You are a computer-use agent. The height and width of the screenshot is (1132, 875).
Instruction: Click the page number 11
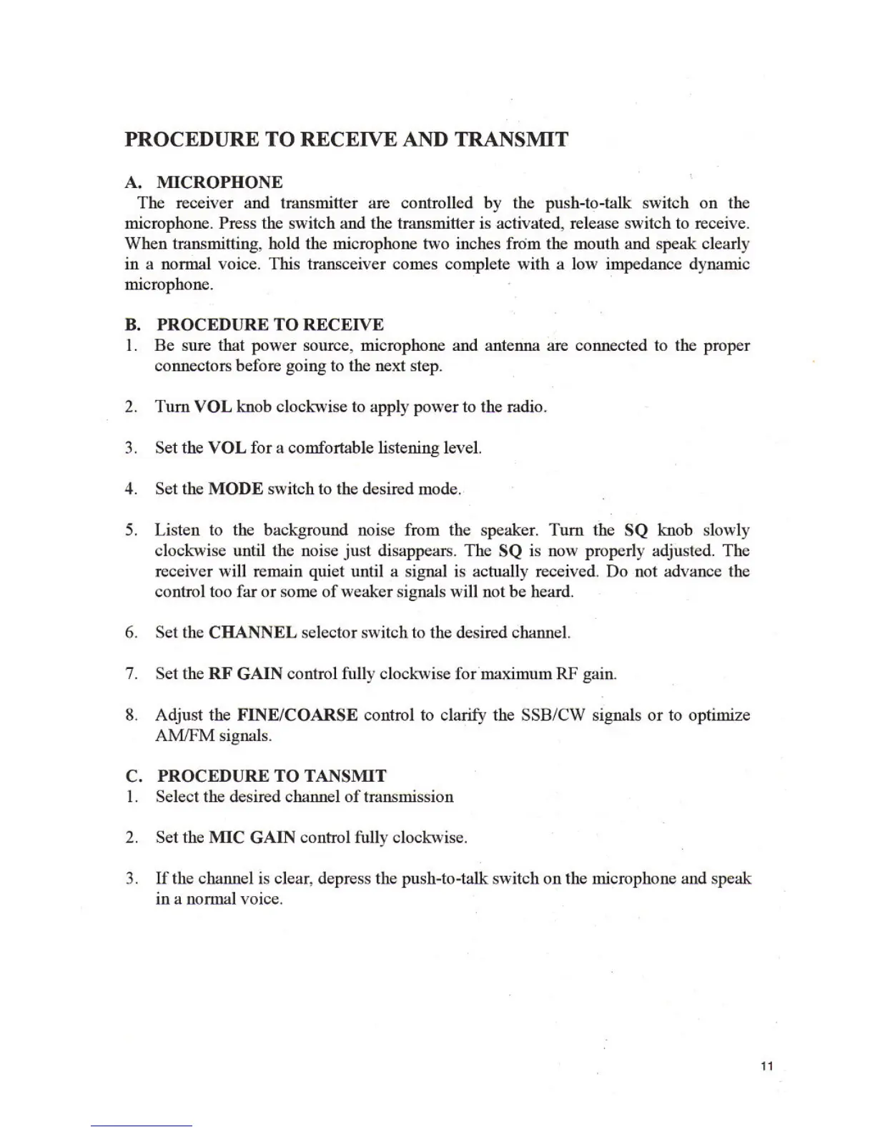coord(766,1066)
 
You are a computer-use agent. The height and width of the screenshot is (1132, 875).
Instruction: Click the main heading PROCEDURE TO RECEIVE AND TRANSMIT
coord(347,139)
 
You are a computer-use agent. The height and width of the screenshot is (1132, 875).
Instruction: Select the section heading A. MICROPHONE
coord(204,182)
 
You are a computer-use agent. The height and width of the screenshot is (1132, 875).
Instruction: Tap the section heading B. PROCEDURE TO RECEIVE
coord(254,324)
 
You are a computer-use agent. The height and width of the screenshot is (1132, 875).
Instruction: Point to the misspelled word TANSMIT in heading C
coord(346,775)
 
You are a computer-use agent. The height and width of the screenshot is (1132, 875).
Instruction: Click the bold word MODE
coord(236,489)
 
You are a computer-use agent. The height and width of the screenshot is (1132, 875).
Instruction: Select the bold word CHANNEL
coord(252,632)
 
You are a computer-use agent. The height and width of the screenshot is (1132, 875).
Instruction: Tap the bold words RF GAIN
coord(245,673)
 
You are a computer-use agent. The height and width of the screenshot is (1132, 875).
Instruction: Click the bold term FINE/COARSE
coord(297,715)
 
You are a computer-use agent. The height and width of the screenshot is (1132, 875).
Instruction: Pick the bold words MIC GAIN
coord(252,837)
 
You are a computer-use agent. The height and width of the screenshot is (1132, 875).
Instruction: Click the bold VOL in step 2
coord(213,407)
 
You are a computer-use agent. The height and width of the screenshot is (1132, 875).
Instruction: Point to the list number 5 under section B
coord(130,530)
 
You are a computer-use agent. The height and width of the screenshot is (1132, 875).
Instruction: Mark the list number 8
coord(130,715)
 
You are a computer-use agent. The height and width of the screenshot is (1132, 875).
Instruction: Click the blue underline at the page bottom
coord(142,1126)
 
